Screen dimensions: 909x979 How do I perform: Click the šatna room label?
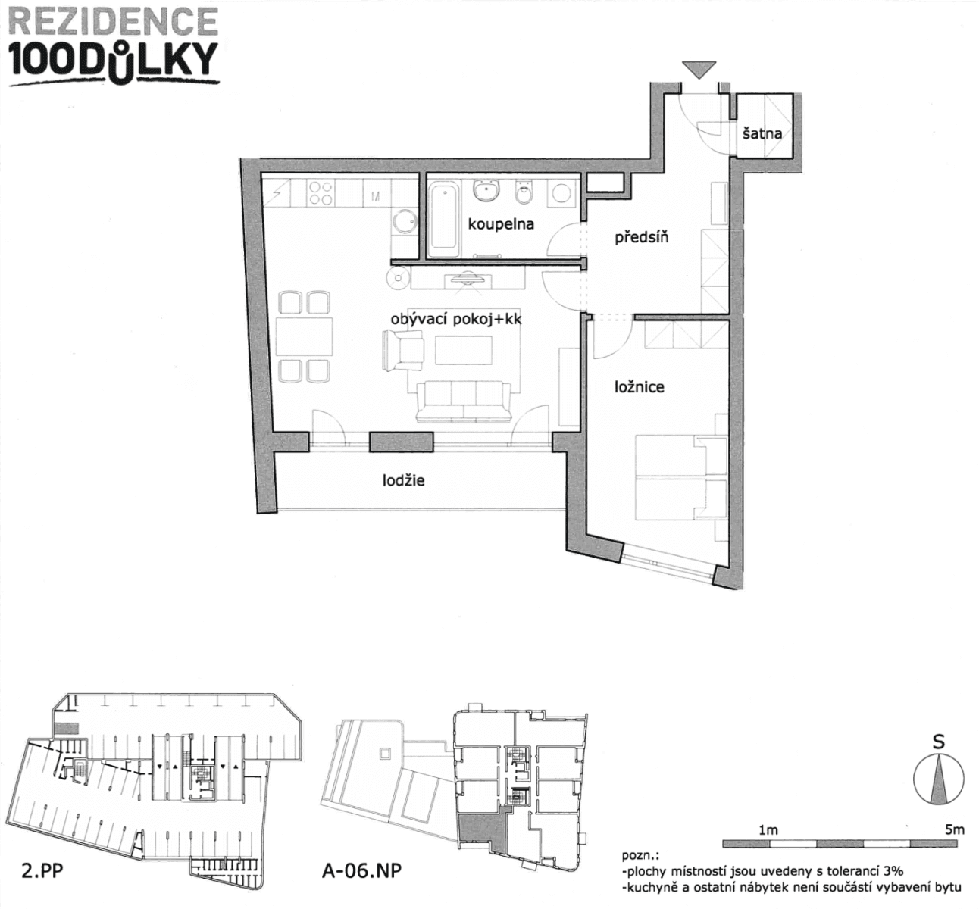click(762, 134)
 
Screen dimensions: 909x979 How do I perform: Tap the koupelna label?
click(500, 224)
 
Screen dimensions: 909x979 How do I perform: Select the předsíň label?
click(641, 238)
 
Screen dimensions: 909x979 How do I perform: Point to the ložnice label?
click(639, 387)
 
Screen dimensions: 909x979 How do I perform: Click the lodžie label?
click(403, 480)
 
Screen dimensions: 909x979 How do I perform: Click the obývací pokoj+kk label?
click(455, 320)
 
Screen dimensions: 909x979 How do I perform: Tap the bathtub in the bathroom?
click(443, 218)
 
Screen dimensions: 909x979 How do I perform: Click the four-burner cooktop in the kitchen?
click(321, 193)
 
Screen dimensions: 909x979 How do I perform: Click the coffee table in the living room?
click(463, 350)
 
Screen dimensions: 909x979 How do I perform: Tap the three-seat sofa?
click(462, 400)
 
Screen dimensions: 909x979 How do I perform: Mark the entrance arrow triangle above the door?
click(698, 69)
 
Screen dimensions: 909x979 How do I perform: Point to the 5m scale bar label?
click(954, 829)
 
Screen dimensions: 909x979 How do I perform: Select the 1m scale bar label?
click(768, 829)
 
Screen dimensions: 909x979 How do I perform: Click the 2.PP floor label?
click(42, 870)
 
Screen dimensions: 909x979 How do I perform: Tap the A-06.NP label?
click(361, 870)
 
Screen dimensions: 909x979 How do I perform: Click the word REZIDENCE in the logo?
click(114, 21)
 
